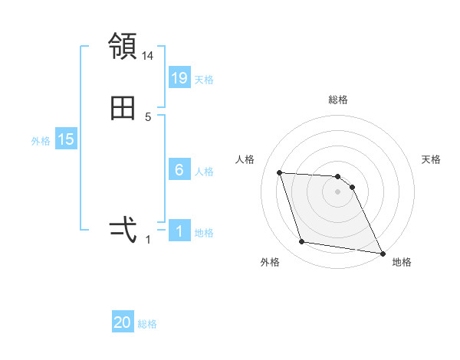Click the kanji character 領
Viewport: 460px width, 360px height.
[x=123, y=47]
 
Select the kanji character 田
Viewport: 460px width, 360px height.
[x=123, y=108]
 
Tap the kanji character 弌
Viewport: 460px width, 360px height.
[x=123, y=228]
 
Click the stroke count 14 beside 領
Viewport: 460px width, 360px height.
[x=148, y=56]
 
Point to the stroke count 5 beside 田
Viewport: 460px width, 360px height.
[x=148, y=117]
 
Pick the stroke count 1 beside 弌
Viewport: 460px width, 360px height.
[x=148, y=239]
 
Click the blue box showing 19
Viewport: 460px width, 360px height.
[x=179, y=77]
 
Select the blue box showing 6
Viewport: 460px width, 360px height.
[x=179, y=170]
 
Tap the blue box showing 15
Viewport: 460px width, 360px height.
[x=65, y=139]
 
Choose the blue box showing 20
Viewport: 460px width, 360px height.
[x=123, y=322]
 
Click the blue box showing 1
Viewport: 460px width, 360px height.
[x=179, y=231]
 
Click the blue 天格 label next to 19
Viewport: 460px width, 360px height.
[x=204, y=79]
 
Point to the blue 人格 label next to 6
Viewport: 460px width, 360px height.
[x=204, y=172]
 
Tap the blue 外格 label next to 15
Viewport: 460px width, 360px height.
[x=41, y=141]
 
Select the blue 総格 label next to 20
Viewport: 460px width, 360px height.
[x=147, y=324]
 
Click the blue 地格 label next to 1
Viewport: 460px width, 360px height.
[x=204, y=233]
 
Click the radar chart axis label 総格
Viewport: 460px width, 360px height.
[x=338, y=100]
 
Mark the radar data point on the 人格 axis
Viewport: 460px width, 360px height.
[x=280, y=173]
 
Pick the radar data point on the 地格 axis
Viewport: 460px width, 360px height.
[x=383, y=253]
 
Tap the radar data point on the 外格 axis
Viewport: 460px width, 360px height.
[x=302, y=242]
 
